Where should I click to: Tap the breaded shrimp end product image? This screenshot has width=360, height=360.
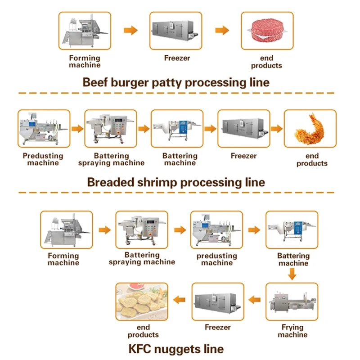[x=310, y=129]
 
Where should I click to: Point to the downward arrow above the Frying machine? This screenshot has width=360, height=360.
[x=292, y=273]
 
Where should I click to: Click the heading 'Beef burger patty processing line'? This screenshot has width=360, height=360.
[x=176, y=82]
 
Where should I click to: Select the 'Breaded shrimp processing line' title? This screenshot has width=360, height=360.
[x=176, y=182]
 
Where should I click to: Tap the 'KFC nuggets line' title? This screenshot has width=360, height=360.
[x=176, y=349]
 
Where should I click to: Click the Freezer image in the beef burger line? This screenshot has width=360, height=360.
[x=176, y=31]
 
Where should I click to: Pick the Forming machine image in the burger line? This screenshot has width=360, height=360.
[x=85, y=31]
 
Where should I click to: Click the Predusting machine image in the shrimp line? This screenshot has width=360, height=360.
[x=44, y=129]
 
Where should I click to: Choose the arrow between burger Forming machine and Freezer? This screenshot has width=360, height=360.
[x=130, y=31]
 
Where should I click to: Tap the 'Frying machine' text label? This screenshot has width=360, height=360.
[x=292, y=331]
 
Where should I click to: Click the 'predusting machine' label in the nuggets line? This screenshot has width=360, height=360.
[x=217, y=259]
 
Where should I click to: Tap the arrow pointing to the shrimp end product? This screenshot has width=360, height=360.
[x=276, y=129]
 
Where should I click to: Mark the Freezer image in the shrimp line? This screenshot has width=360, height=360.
[x=243, y=129]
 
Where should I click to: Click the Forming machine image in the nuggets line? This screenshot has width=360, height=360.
[x=66, y=229]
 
